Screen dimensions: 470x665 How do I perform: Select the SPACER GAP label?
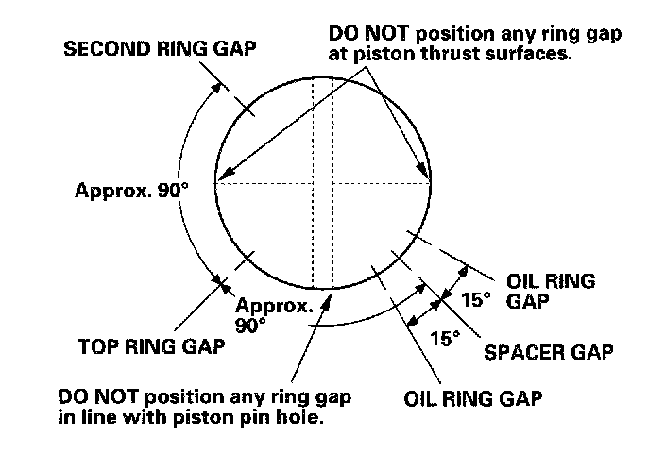pyautogui.click(x=549, y=353)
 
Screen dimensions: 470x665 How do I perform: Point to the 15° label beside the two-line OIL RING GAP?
pyautogui.click(x=478, y=299)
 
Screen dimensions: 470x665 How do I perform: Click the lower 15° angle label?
pyautogui.click(x=444, y=337)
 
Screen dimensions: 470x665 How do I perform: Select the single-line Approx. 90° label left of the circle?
pyautogui.click(x=131, y=189)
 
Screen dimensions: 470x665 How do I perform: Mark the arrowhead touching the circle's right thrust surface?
pyautogui.click(x=426, y=176)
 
